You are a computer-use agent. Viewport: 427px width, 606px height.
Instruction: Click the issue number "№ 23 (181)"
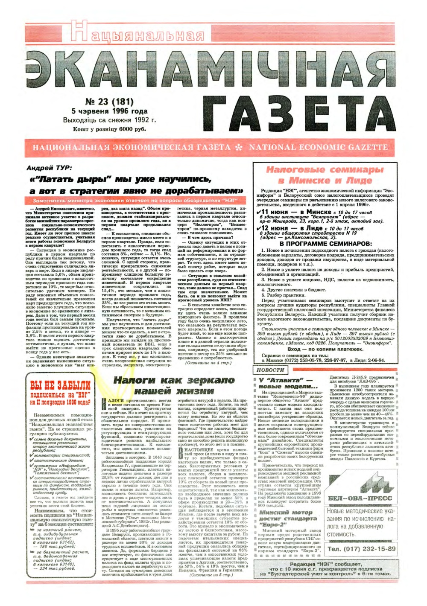(109, 102)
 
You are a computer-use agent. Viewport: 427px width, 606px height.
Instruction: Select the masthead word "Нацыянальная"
(137, 33)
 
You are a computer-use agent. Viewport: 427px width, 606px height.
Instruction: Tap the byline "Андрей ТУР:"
(49, 168)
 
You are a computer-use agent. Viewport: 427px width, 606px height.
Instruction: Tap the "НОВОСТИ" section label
(270, 370)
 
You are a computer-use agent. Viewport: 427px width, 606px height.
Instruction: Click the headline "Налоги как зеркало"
(174, 380)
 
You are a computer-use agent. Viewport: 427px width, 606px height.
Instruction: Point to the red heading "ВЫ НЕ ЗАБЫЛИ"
(60, 385)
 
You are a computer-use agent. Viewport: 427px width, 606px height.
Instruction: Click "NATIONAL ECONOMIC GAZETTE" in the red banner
(318, 147)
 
